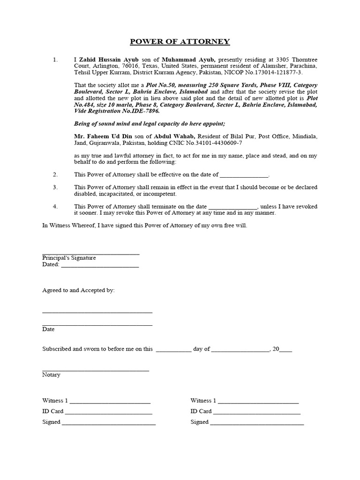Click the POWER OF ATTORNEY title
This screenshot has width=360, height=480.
point(180,42)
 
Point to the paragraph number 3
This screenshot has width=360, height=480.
point(55,187)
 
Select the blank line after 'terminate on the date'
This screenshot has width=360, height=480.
point(233,207)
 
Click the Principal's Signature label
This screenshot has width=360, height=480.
point(69,258)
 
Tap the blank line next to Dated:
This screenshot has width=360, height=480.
point(100,265)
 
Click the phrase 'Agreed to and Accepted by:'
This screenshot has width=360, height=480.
point(78,290)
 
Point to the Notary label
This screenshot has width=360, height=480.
point(51,375)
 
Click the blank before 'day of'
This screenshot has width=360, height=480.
point(173,349)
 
